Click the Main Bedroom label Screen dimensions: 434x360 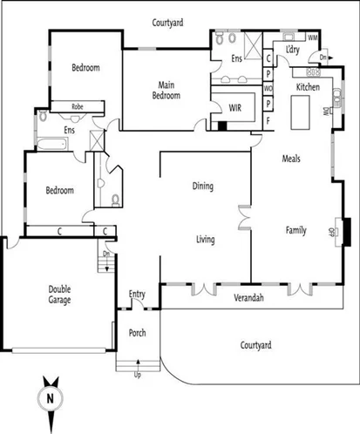(x=169, y=90)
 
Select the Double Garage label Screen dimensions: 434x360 (x=59, y=295)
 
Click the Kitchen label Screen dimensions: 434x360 (x=308, y=88)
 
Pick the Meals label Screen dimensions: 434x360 (x=292, y=159)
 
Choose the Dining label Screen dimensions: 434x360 (x=203, y=186)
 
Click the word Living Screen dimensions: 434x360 (x=205, y=239)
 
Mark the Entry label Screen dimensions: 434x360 (x=137, y=294)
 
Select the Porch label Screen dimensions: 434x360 (x=137, y=333)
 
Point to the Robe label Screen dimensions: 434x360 (x=77, y=105)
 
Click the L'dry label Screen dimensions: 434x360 (x=292, y=51)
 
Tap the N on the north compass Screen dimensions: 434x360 (x=51, y=398)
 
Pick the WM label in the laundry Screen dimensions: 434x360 (x=312, y=37)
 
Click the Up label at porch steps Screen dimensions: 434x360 (x=137, y=376)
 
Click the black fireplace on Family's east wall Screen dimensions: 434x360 (x=345, y=231)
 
